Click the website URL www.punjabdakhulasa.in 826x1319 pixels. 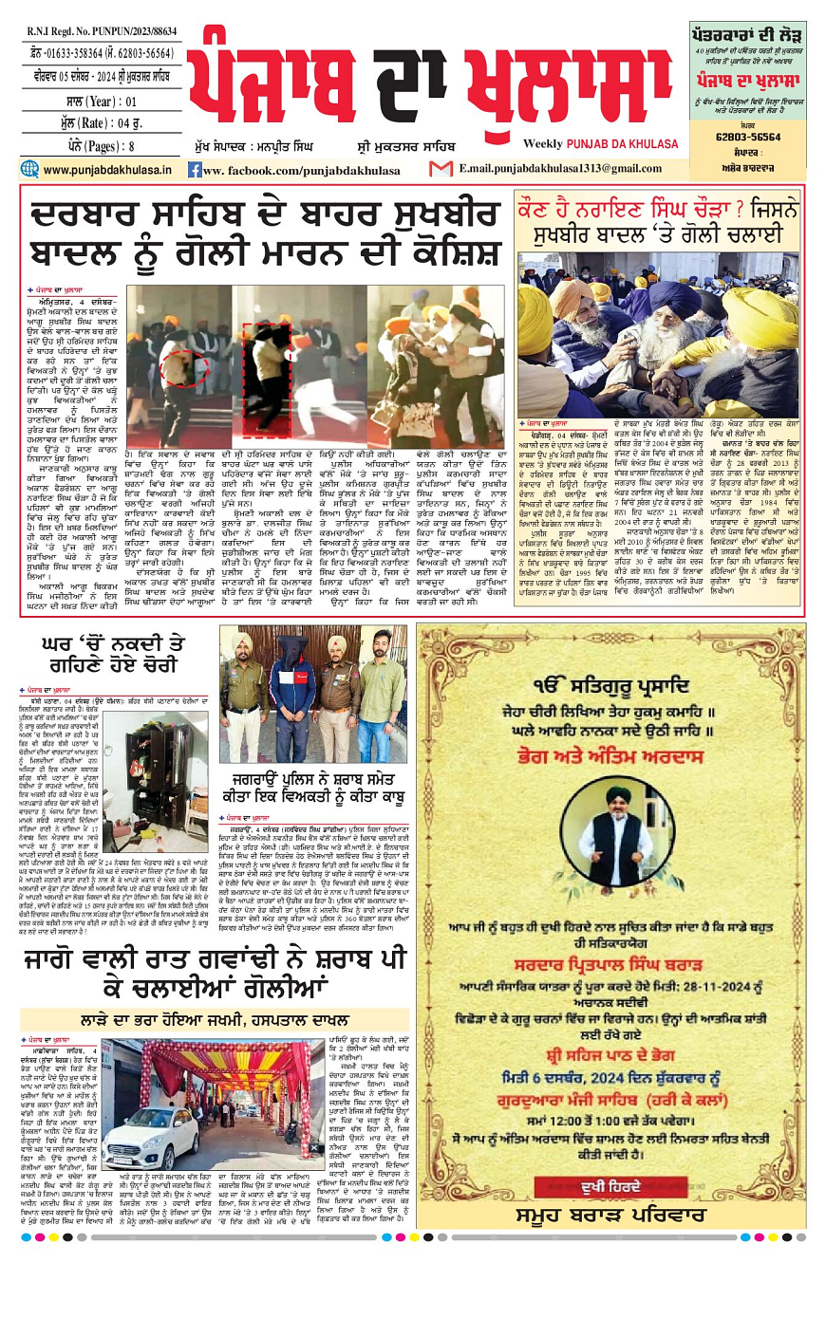click(107, 170)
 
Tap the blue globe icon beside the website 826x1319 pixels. click(29, 170)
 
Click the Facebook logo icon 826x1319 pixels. click(194, 170)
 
